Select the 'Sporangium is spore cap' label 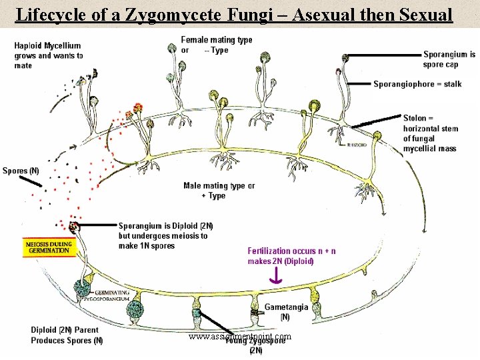[x=449, y=59]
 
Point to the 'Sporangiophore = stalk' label [x=417, y=84]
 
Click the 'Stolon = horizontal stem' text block [x=429, y=133]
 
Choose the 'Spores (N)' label [x=21, y=171]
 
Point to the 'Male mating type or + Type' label [x=219, y=191]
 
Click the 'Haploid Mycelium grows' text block [x=48, y=55]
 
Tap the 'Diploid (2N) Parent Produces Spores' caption [x=67, y=335]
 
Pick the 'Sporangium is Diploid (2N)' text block [x=164, y=235]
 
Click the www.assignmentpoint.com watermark [x=240, y=337]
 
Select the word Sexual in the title [x=420, y=14]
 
